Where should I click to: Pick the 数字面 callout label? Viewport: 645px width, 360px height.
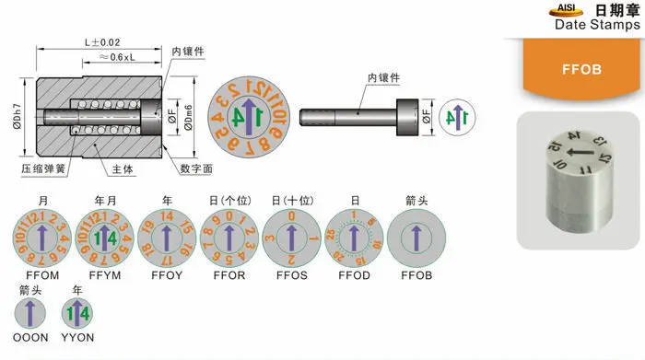click(197, 169)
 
